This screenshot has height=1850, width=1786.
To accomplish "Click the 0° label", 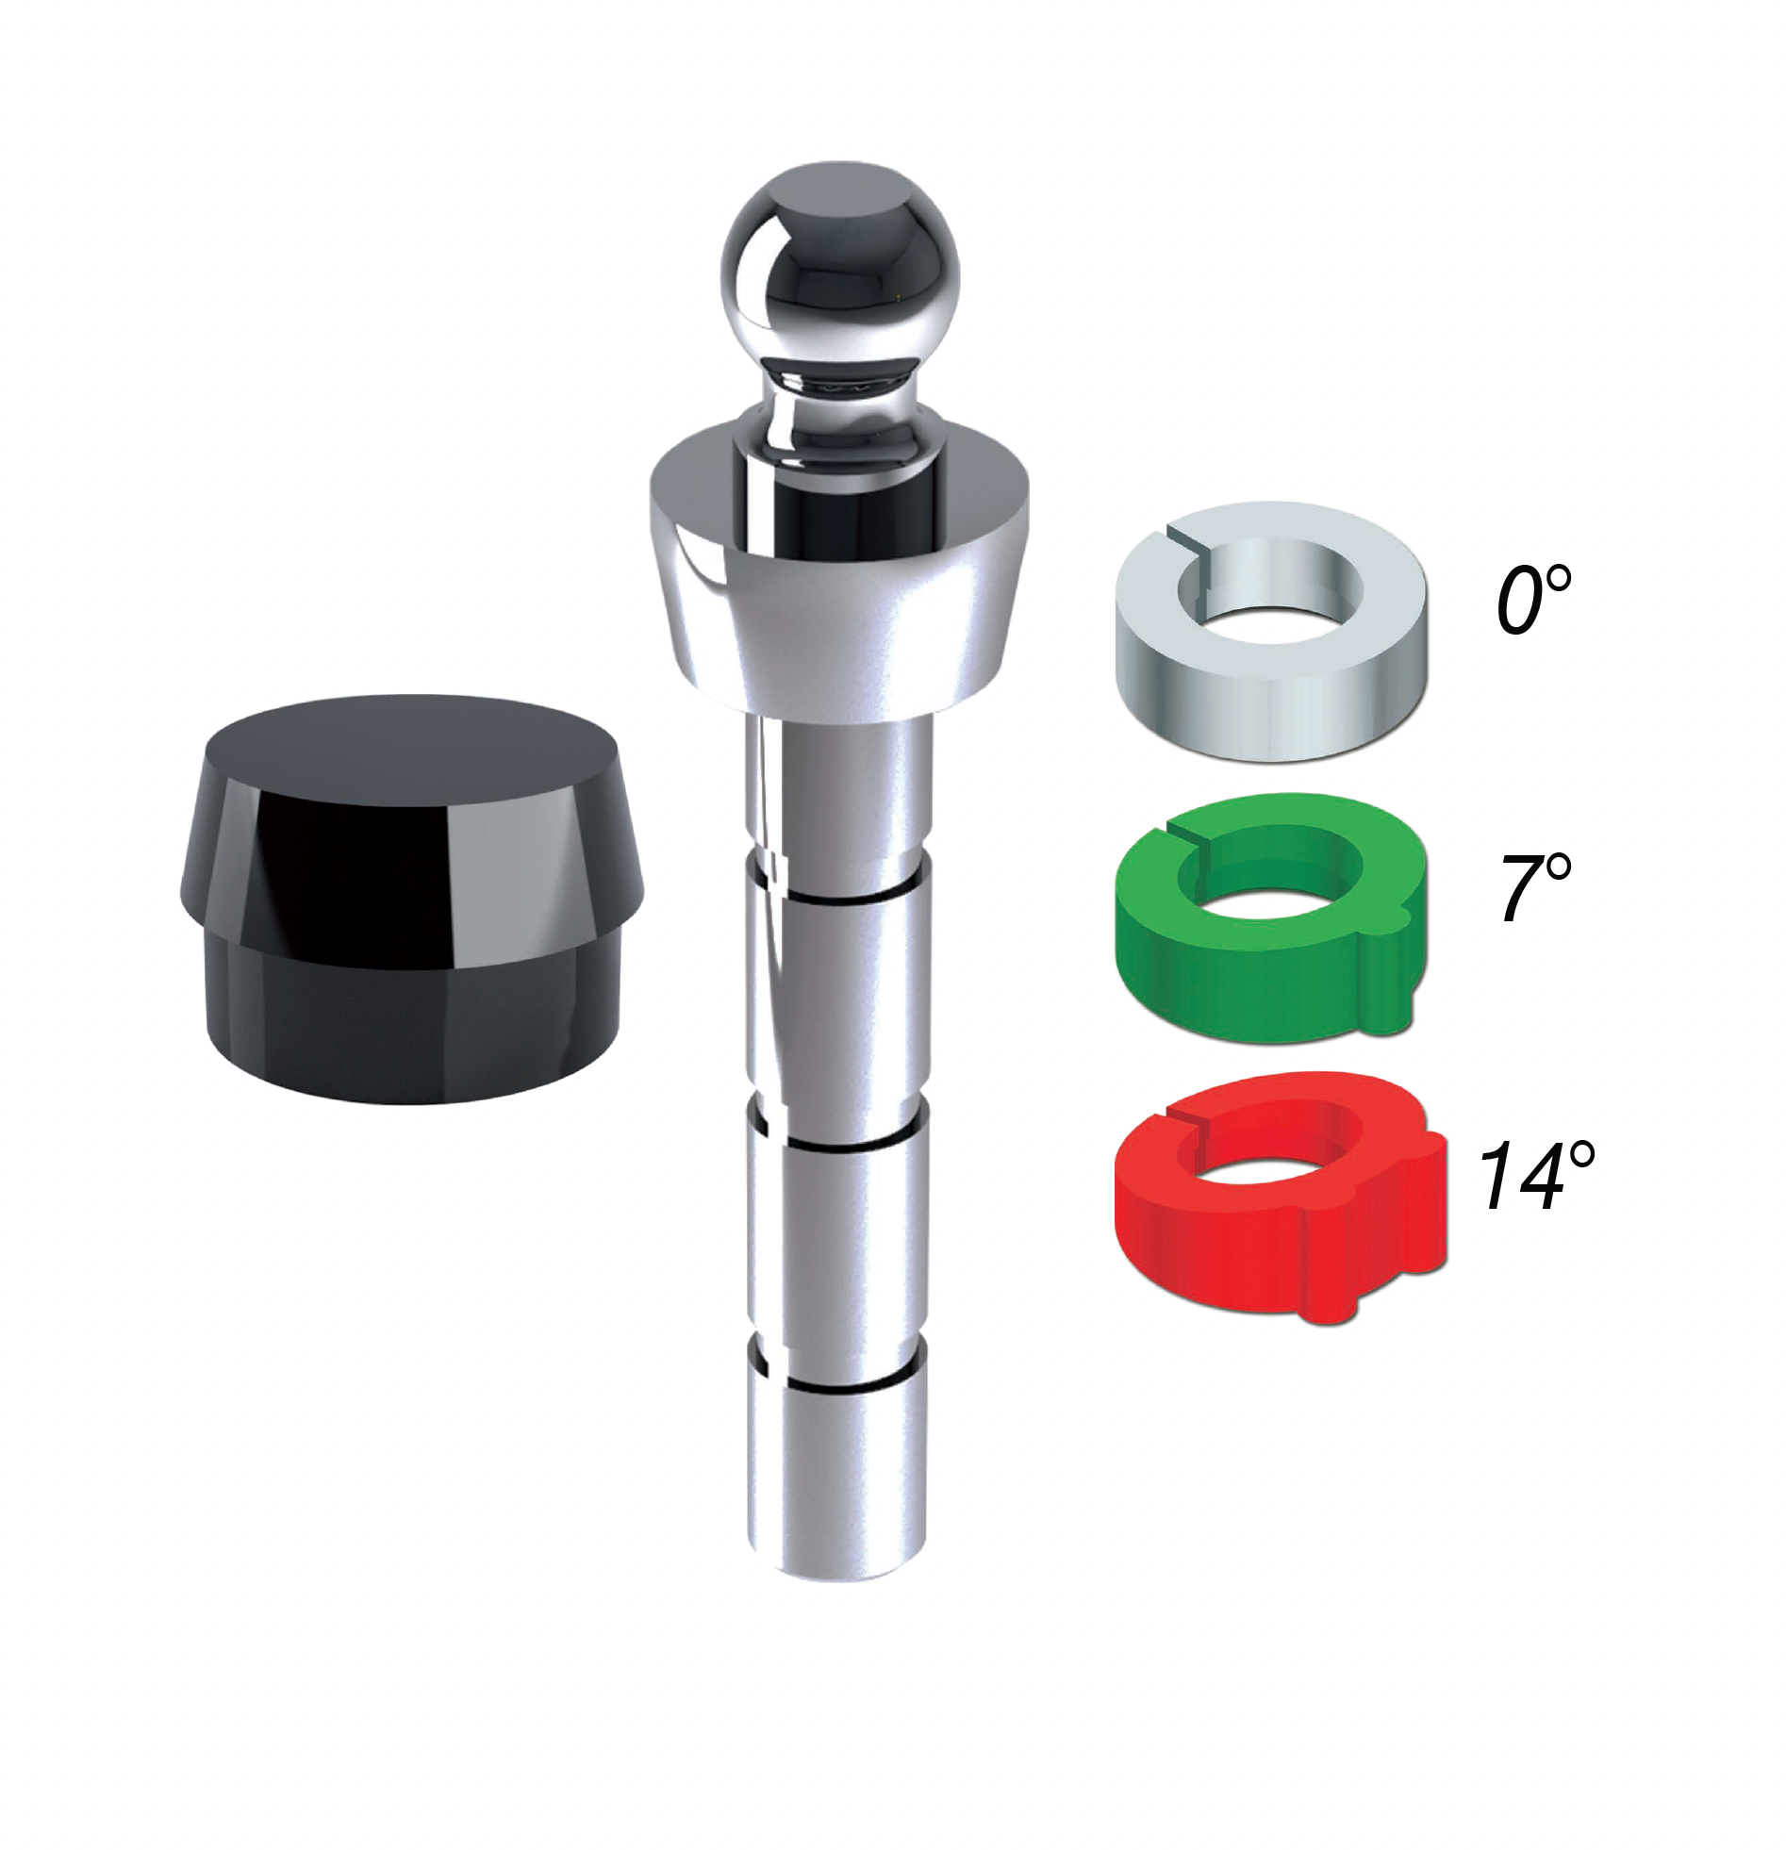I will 1532,600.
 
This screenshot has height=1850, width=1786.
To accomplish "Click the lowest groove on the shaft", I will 839,1388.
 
